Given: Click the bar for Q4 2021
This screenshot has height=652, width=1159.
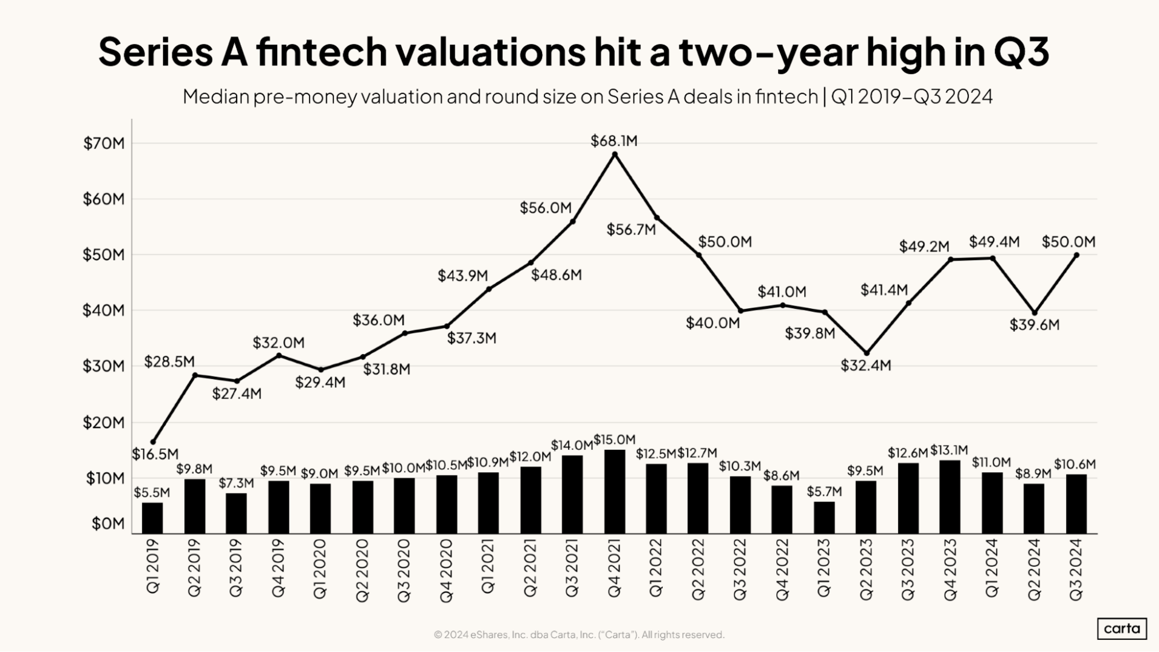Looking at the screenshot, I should pos(614,492).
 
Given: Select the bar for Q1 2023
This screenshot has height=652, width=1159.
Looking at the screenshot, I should pos(824,517).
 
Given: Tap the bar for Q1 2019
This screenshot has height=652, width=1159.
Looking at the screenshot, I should pos(152,518).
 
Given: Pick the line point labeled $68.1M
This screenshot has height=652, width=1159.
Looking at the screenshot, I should pos(615,154).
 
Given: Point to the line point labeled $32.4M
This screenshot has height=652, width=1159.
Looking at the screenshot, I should pos(867,353).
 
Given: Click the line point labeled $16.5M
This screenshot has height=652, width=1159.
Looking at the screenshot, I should pos(153,442).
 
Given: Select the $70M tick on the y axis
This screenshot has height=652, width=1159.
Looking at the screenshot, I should pos(104,144).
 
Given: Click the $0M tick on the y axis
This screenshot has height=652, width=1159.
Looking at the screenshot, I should pos(108,524).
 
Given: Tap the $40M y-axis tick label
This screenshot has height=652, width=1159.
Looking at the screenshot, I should pos(104,311).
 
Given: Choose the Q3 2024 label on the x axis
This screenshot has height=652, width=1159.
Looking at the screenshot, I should pos(1076,569).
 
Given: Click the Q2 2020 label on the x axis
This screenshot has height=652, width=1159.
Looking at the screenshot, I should pos(362,569).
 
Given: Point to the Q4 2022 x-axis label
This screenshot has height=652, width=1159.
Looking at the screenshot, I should pos(782,569).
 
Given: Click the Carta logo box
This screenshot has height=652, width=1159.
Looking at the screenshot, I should pos(1122,628).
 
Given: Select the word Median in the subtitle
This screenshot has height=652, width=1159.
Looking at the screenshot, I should pos(216,97).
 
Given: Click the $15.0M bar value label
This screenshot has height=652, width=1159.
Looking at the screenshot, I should pos(615,440).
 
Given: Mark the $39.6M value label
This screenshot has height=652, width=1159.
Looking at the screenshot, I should pos(1034,325).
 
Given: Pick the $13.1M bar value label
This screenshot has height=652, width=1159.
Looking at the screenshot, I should pos(949,450).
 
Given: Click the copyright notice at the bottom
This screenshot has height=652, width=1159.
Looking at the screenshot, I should pos(579,635).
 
